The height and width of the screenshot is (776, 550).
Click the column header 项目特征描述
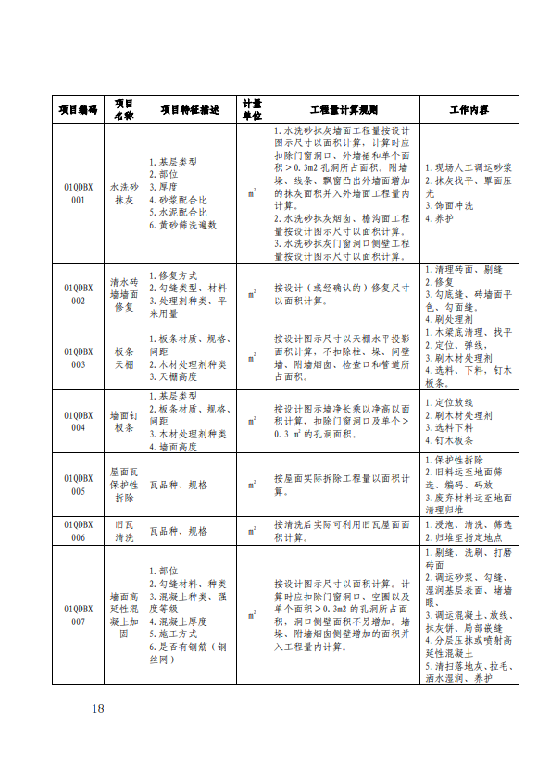(x=190, y=110)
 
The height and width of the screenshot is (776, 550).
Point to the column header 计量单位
(x=252, y=110)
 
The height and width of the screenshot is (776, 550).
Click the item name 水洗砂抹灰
(x=124, y=193)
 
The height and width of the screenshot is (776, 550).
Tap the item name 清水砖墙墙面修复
(x=124, y=294)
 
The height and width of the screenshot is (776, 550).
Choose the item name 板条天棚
(x=124, y=358)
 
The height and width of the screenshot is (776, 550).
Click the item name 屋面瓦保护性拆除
(x=124, y=485)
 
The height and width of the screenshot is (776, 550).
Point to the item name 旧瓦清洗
(x=124, y=531)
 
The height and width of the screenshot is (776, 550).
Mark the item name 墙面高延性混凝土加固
(x=124, y=616)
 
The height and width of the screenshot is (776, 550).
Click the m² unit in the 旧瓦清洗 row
(x=252, y=531)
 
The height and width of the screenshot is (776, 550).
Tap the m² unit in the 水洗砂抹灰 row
(x=252, y=193)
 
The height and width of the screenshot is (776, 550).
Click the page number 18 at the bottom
(x=98, y=708)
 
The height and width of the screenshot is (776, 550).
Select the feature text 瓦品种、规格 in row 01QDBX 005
(x=179, y=485)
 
